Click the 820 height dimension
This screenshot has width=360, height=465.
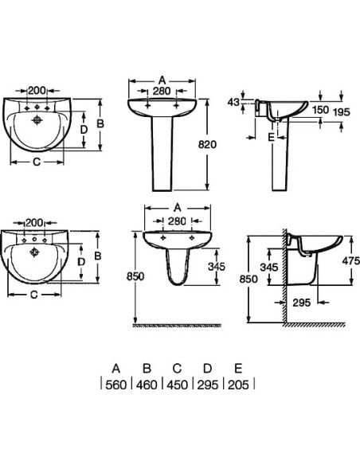point(207,144)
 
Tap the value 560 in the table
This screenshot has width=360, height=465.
point(116,385)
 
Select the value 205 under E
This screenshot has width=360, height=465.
point(238,385)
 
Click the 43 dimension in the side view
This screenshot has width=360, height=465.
point(233,102)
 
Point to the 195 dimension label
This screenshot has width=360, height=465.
point(342,111)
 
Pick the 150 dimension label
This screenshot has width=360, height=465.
point(320,110)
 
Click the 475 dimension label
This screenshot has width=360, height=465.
point(350,260)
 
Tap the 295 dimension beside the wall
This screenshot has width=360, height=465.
point(302,303)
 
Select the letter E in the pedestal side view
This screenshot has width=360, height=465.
point(271,137)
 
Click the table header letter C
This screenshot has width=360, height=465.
point(177,369)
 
